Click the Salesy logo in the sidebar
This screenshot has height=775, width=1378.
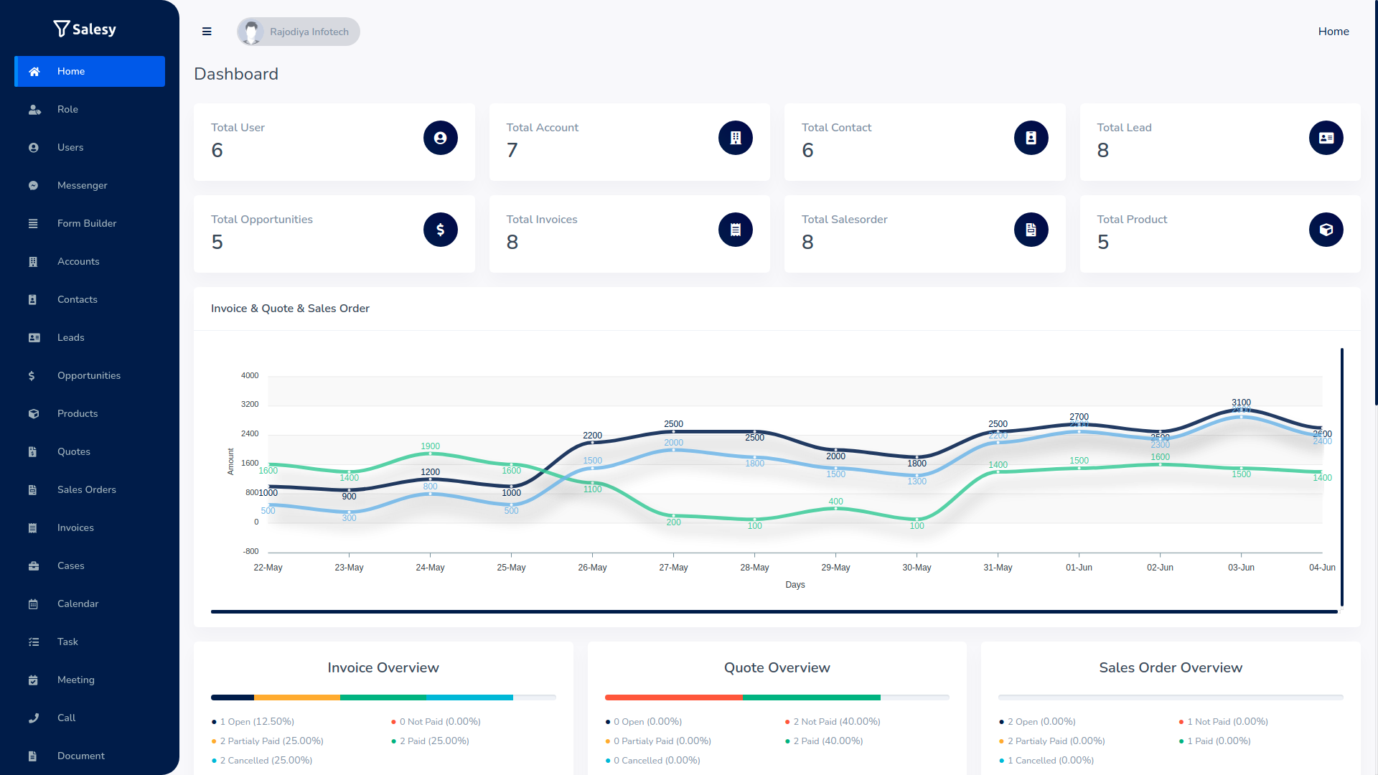(x=85, y=29)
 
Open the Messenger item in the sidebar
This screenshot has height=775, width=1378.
(x=82, y=185)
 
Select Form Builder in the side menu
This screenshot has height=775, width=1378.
(x=86, y=223)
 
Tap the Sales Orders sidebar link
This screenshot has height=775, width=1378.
(x=86, y=489)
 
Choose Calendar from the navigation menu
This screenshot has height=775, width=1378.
(x=78, y=603)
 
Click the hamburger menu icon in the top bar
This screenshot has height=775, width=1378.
(x=207, y=32)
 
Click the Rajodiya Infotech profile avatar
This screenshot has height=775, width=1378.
(x=251, y=32)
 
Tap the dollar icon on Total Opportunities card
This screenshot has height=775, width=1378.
(x=440, y=230)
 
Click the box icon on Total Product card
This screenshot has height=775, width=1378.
(x=1326, y=230)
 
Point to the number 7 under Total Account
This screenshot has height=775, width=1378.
(x=512, y=150)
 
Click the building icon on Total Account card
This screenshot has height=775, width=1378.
(x=735, y=138)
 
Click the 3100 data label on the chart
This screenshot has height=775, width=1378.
(x=1241, y=403)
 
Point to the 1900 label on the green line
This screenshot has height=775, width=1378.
(x=430, y=446)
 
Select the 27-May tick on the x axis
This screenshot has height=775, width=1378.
(x=673, y=568)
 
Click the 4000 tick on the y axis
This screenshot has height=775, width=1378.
(x=250, y=375)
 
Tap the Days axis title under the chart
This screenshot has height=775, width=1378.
(x=795, y=585)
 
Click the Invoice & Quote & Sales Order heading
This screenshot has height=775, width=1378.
(x=290, y=309)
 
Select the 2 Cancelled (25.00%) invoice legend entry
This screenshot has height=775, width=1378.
(x=266, y=760)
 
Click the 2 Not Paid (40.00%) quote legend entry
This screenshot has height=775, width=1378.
(x=836, y=721)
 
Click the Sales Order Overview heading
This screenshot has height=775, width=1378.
(x=1170, y=667)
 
